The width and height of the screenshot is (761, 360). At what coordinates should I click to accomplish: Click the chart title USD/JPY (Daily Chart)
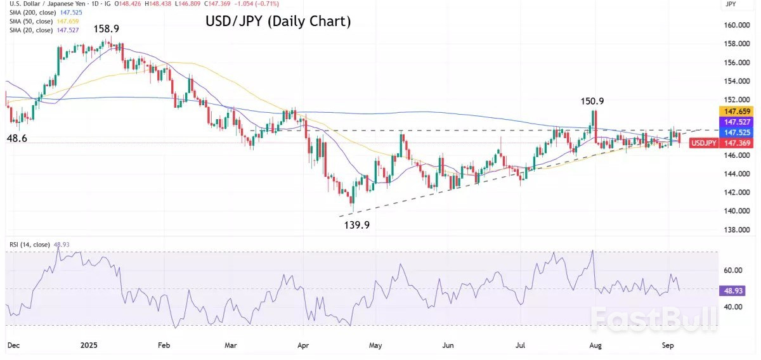278,22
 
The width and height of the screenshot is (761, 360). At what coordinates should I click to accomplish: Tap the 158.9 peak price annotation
108,29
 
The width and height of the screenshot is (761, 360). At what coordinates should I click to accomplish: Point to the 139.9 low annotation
357,224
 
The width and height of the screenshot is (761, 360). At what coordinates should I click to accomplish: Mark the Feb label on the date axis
164,346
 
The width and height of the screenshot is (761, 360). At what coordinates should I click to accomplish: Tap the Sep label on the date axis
668,346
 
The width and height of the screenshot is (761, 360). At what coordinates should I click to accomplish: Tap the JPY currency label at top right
731,5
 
